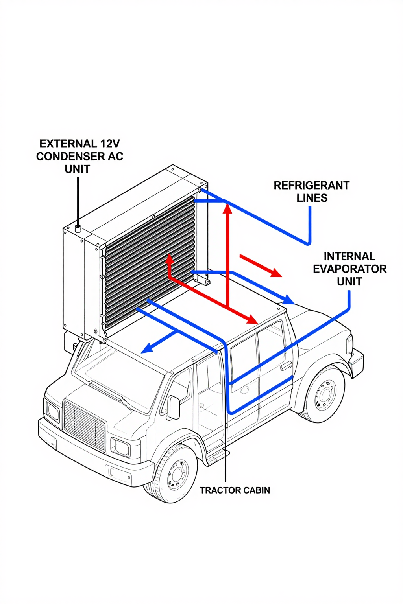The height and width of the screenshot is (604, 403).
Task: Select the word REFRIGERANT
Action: (311, 186)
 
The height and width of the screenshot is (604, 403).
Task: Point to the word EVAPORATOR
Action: (349, 269)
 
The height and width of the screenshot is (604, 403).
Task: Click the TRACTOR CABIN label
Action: (235, 490)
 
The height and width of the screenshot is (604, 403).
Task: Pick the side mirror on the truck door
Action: (174, 407)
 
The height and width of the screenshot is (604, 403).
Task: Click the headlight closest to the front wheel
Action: (120, 447)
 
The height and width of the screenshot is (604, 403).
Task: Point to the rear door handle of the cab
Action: (286, 366)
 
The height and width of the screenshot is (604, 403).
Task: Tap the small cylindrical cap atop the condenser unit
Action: (78, 228)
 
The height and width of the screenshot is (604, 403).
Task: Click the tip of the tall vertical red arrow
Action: (227, 206)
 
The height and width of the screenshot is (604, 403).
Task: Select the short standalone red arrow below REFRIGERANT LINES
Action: (261, 266)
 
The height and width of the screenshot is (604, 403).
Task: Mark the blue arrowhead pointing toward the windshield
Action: (147, 348)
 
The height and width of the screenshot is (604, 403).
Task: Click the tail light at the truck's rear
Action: (349, 344)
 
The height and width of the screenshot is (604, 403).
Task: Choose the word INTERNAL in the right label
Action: (349, 256)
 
